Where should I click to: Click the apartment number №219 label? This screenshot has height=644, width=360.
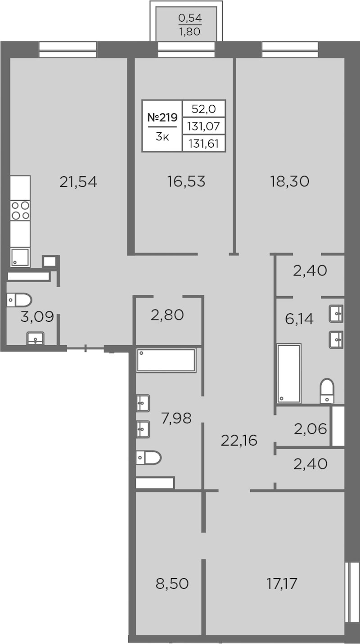(162, 117)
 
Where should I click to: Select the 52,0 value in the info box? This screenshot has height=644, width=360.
(203, 109)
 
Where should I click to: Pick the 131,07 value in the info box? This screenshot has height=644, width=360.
(203, 126)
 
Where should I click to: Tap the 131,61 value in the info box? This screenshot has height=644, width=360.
(203, 143)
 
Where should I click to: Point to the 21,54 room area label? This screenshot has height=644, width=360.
(78, 182)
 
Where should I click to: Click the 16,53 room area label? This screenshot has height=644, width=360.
(186, 182)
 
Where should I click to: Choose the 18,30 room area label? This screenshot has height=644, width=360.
(289, 182)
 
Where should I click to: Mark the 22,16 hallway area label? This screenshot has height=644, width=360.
(239, 440)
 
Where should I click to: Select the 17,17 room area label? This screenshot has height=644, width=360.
(282, 584)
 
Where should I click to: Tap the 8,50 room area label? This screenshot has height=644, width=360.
(172, 584)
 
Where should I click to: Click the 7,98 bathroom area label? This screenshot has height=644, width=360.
(176, 418)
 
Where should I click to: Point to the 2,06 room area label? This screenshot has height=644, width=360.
(310, 429)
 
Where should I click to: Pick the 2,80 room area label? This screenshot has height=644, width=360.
(167, 315)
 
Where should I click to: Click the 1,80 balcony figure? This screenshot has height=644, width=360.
(190, 32)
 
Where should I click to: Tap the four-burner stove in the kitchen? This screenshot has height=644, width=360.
(20, 211)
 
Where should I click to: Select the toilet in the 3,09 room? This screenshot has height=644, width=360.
(19, 300)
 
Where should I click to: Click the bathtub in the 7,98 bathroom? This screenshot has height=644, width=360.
(166, 360)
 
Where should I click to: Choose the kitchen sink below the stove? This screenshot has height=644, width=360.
(20, 257)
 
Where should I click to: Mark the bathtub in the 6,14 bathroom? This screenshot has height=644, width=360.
(289, 373)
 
